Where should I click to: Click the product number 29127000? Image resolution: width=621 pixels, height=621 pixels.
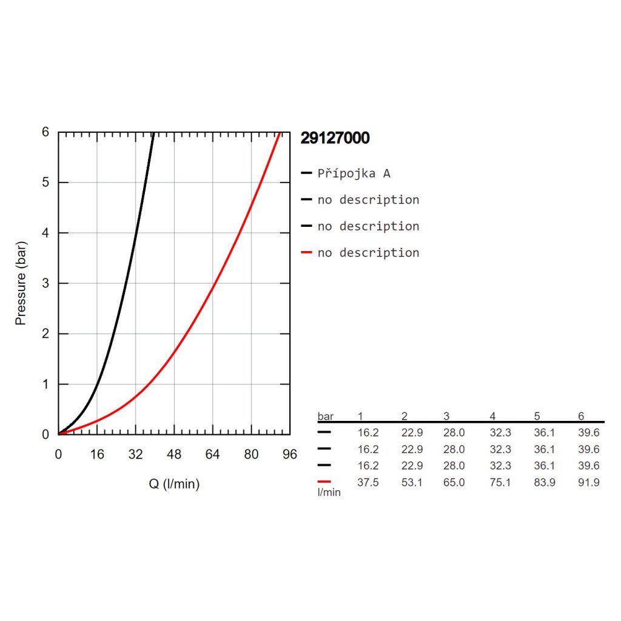[x=335, y=138]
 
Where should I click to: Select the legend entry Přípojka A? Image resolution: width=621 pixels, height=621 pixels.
[x=354, y=173]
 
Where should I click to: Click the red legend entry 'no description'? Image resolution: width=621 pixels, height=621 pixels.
[x=368, y=252]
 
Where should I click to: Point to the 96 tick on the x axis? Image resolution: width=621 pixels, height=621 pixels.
[x=290, y=455]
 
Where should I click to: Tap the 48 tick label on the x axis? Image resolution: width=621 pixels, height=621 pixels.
[x=174, y=455]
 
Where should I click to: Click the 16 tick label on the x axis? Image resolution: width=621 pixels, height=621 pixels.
[x=97, y=455]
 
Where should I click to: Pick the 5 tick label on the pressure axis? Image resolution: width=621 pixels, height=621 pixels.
[x=45, y=183]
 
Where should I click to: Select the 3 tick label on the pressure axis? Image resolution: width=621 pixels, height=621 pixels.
[x=45, y=283]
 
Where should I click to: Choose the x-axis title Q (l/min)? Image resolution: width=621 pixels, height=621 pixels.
[x=174, y=484]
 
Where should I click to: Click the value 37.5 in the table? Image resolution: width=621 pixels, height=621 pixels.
[x=368, y=482]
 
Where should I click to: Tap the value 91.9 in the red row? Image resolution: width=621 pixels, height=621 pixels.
[x=589, y=482]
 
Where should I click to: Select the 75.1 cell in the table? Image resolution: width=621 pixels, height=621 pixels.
[x=500, y=482]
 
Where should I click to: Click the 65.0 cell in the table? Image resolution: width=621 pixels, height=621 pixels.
[x=454, y=482]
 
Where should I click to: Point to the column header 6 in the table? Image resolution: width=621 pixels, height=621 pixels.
[x=581, y=416]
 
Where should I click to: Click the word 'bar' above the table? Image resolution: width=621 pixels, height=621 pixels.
[x=326, y=416]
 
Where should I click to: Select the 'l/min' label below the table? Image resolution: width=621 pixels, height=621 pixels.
[x=329, y=492]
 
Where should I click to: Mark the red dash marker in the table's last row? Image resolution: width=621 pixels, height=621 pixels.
[x=324, y=482]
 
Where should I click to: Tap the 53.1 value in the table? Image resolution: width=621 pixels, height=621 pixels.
[x=412, y=482]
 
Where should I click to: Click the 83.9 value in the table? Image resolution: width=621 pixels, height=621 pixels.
[x=545, y=482]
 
